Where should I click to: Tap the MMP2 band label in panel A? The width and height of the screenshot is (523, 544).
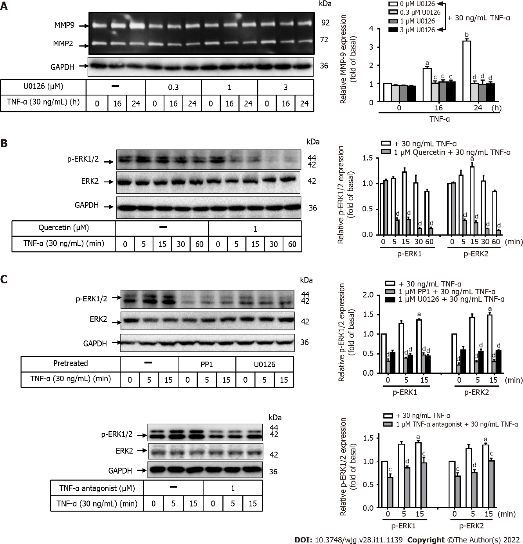63,43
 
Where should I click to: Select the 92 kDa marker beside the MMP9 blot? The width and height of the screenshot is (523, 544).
325,23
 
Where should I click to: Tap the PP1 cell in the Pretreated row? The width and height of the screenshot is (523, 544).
207,364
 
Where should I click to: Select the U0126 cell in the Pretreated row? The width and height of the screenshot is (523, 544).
265,364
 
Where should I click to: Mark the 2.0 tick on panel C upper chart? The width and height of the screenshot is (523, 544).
368,295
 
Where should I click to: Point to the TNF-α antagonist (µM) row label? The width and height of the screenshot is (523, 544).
97,488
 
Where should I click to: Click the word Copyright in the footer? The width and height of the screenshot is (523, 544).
426,540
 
